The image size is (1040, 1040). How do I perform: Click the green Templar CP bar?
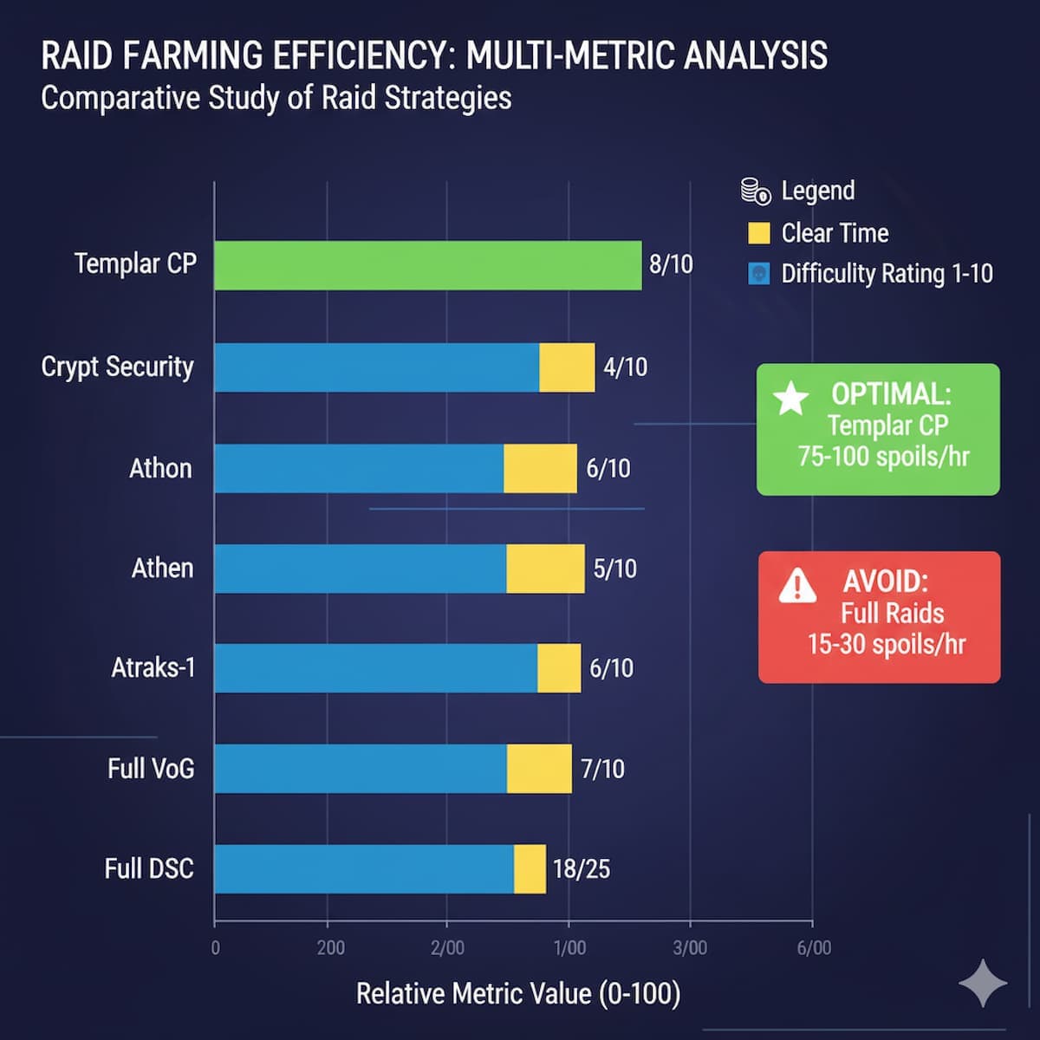point(427,265)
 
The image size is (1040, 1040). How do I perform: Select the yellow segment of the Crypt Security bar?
point(567,367)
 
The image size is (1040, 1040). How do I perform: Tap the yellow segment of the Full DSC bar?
point(530,868)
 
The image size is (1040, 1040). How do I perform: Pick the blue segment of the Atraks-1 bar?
point(375,668)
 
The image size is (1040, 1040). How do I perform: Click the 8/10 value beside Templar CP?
point(671,264)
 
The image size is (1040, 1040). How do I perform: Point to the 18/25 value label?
point(581,868)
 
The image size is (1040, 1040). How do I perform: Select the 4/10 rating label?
point(625,367)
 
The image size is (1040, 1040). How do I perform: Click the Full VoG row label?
point(151,769)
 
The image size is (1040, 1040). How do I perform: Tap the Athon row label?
point(160,469)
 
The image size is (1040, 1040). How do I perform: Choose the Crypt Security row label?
point(117,367)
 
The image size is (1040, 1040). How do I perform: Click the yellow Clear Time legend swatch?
point(758,233)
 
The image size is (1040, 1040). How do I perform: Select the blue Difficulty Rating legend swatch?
point(758,274)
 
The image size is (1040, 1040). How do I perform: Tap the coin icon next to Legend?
point(756,192)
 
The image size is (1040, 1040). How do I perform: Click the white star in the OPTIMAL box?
point(790,399)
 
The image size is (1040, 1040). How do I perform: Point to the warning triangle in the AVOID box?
point(797,587)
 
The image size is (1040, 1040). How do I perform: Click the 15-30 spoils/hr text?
point(886,645)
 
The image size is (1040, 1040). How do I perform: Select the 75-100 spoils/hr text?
point(883,457)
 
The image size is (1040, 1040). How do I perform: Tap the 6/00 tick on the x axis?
point(814,947)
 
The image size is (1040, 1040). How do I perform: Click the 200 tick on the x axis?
point(330,947)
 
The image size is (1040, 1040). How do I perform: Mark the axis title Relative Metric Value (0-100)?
point(517,993)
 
